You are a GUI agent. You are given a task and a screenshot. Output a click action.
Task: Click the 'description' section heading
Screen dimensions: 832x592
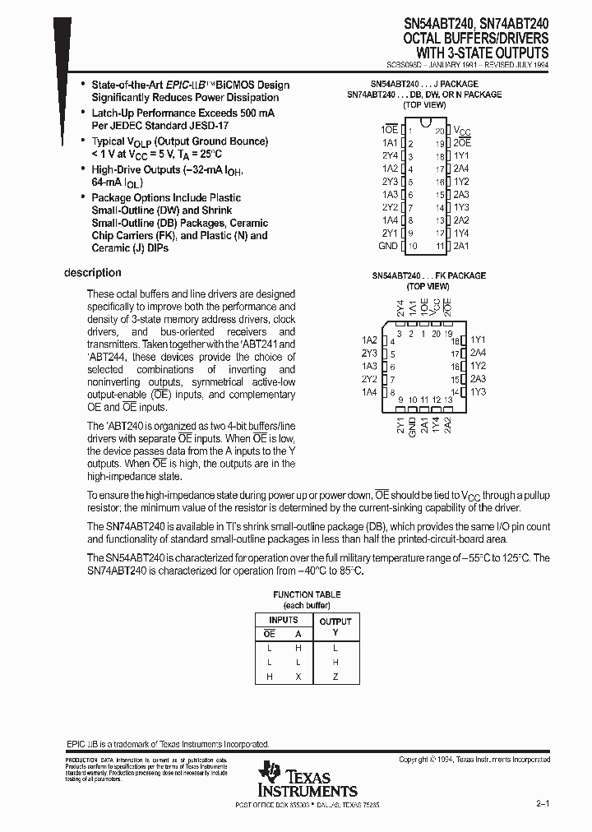tap(93, 273)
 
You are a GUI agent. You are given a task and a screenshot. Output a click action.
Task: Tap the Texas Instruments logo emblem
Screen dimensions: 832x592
tap(270, 774)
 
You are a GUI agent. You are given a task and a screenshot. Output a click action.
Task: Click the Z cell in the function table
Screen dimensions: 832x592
tap(335, 677)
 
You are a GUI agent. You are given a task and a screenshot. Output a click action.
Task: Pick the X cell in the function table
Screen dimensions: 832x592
tap(298, 677)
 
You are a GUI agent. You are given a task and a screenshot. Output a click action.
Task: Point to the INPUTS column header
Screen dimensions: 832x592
tap(283, 619)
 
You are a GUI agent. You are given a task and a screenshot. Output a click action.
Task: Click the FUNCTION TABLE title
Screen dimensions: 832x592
tap(307, 594)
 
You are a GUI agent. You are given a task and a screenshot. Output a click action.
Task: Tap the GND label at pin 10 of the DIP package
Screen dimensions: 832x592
tap(387, 247)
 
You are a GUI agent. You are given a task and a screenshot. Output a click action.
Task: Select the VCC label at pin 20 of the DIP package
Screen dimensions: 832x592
tap(464, 130)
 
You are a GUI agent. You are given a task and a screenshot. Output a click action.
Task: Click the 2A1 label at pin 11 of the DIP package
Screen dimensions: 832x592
tap(461, 247)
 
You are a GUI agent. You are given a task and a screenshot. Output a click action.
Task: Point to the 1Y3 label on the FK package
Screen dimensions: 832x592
tap(479, 392)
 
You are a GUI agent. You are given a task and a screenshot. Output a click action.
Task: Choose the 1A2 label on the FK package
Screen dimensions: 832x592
tap(369, 340)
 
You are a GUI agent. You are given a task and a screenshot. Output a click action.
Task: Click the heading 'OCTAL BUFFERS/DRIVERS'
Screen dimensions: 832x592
tap(476, 39)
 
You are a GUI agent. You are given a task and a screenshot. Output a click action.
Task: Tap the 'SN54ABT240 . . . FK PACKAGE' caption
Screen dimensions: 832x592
tap(428, 275)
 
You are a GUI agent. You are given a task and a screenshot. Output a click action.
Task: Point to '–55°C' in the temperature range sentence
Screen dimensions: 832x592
tap(483, 557)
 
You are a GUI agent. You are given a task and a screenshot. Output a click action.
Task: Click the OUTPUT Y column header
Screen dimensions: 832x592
tap(335, 626)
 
